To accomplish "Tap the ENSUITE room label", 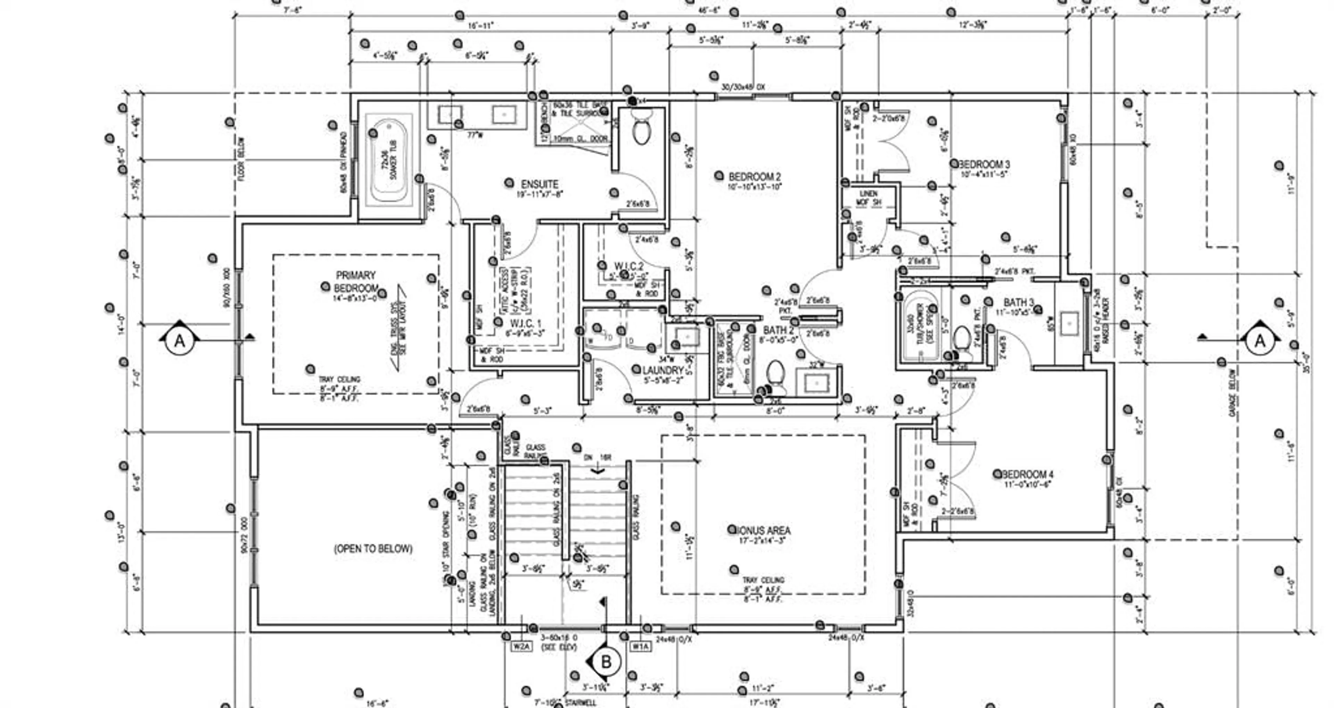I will [x=540, y=184].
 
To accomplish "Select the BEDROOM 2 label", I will [x=755, y=177].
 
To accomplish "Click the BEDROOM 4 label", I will [x=1028, y=474].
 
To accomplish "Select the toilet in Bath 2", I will [x=776, y=375].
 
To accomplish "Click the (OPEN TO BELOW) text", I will [x=373, y=549].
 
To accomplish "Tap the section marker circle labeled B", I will [x=606, y=661].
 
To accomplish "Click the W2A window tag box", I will [x=521, y=647].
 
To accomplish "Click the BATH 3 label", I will [x=1019, y=302].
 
